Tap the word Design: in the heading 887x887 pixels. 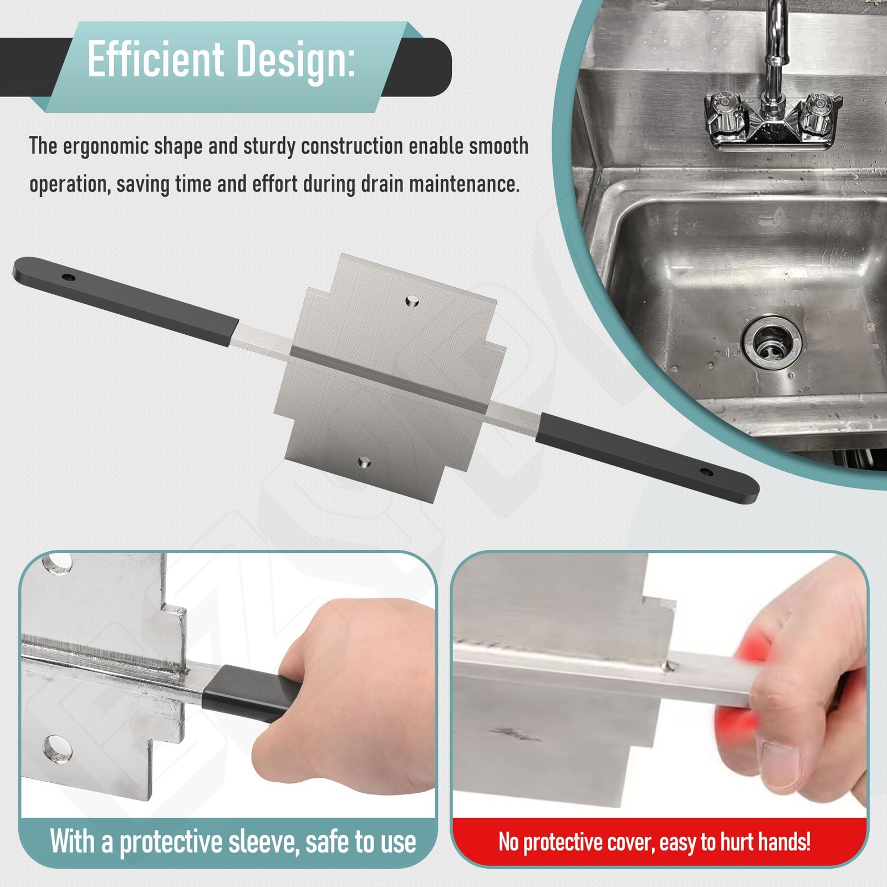click(289, 61)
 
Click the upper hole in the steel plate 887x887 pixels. click(411, 301)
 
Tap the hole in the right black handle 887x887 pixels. click(706, 472)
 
